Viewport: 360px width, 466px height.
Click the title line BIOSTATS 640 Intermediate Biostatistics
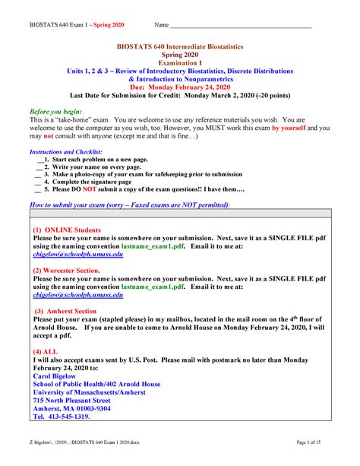(x=179, y=47)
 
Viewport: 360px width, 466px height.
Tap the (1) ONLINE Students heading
(x=69, y=230)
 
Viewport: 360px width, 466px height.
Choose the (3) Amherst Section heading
(x=65, y=311)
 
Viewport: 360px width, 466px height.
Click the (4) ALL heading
(x=46, y=353)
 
